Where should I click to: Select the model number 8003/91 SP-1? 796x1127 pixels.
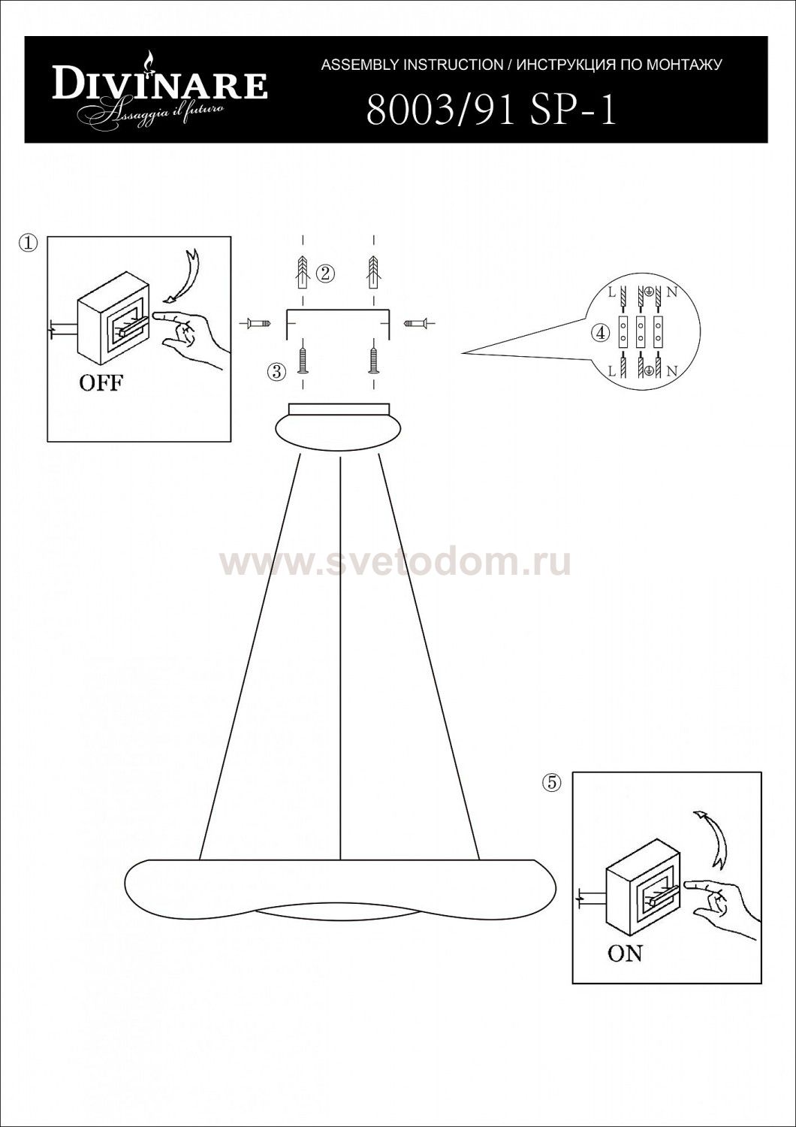click(491, 110)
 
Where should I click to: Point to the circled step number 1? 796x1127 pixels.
click(29, 243)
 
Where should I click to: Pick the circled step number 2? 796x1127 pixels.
click(325, 273)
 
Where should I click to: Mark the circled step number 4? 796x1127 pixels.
click(601, 333)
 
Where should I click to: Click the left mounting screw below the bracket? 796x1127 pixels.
click(302, 361)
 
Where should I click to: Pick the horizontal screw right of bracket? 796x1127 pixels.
click(418, 322)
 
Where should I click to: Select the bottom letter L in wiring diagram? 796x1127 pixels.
click(612, 372)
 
